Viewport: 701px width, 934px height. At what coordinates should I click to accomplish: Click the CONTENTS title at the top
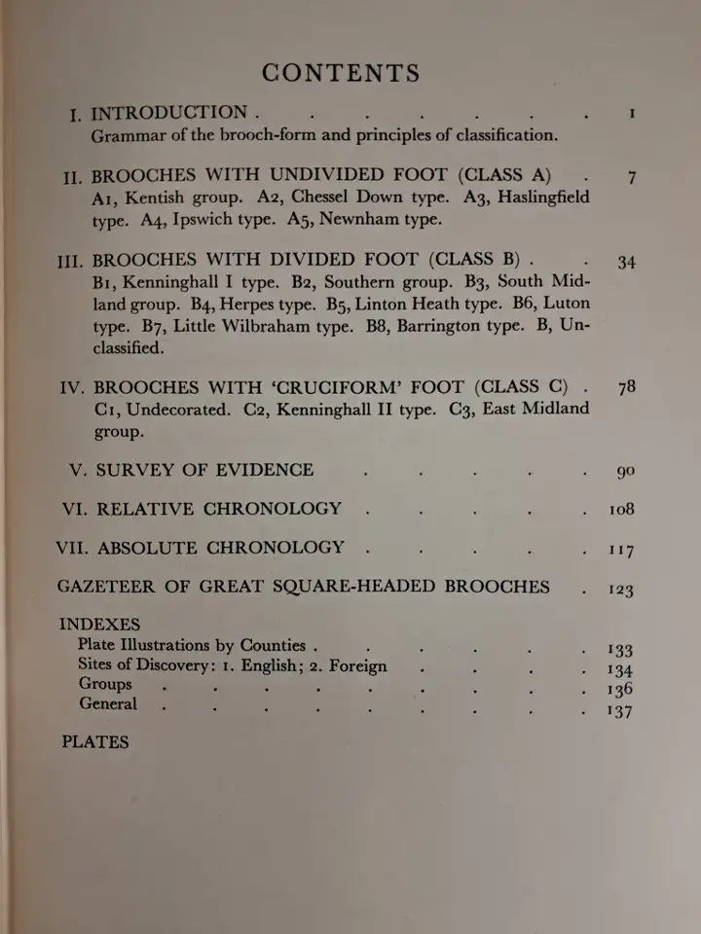(x=341, y=74)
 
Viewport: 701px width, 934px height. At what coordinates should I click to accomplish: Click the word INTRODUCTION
(x=170, y=113)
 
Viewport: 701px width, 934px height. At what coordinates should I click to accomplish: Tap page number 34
(x=627, y=262)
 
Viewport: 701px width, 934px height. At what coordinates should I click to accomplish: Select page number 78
(x=627, y=387)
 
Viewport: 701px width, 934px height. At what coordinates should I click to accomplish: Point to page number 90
(x=625, y=472)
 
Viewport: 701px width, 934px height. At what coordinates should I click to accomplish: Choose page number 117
(x=620, y=551)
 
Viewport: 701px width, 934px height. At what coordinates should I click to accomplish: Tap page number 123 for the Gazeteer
(x=620, y=589)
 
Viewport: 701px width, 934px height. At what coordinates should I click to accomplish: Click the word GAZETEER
(x=109, y=587)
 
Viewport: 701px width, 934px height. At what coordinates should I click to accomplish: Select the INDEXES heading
(x=99, y=625)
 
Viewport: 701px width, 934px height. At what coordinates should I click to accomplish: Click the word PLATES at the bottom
(x=95, y=742)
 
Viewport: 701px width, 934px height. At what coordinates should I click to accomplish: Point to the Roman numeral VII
(x=72, y=548)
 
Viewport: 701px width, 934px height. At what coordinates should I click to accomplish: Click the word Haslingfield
(x=536, y=198)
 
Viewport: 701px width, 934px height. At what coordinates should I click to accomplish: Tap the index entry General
(x=108, y=704)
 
